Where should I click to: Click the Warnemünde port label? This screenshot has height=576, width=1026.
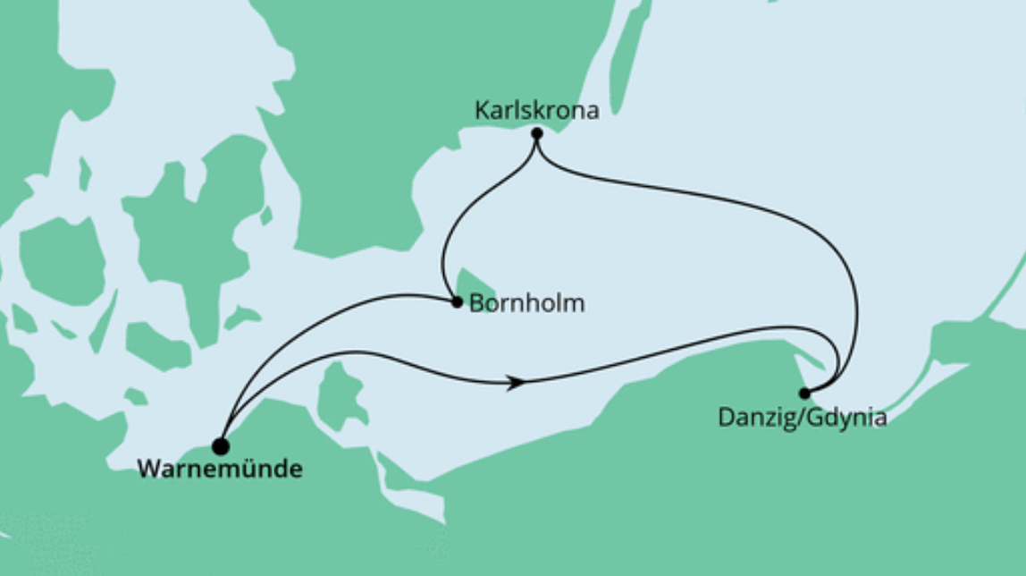[219, 469]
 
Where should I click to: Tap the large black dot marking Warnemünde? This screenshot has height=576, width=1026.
[220, 445]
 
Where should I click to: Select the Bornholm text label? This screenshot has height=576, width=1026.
[526, 304]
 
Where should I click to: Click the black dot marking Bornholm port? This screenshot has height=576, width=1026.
[457, 302]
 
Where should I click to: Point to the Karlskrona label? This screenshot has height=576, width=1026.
[536, 112]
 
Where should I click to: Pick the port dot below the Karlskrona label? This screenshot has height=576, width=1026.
[536, 134]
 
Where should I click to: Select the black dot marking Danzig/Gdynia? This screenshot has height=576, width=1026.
[804, 393]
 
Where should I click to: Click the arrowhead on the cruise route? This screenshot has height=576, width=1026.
[516, 383]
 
